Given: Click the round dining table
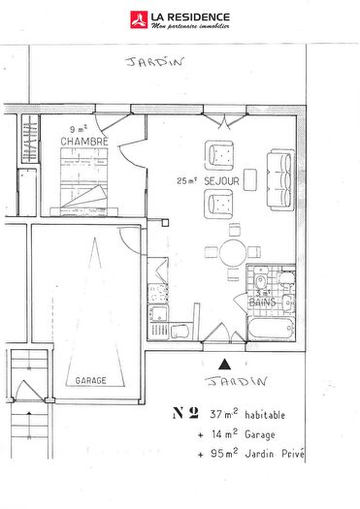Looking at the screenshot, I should (233, 255).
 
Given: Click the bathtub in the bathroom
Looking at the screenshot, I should (269, 327).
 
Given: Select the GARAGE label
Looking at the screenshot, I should (91, 381).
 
